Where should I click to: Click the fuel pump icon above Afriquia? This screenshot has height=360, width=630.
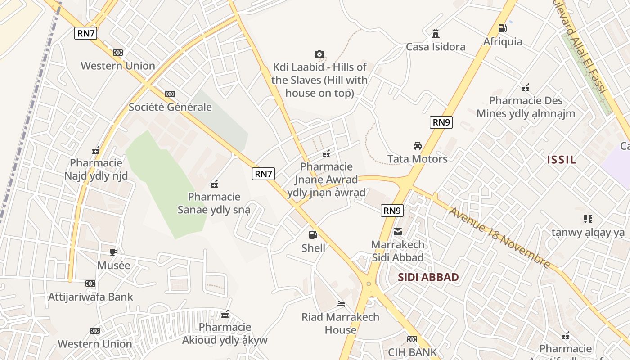(x=503, y=28)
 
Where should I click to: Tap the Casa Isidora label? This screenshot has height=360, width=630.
(x=436, y=47)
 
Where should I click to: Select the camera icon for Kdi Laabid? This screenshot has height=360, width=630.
(x=319, y=54)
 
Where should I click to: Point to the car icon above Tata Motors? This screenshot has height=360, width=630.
(x=418, y=146)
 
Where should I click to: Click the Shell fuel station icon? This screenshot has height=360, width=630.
(x=313, y=234)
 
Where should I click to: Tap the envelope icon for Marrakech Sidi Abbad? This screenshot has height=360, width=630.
(x=398, y=232)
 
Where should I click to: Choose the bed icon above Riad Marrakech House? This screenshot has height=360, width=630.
(x=341, y=304)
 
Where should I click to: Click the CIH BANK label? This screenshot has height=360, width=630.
(x=412, y=352)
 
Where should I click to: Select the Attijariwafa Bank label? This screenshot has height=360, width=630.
(x=91, y=297)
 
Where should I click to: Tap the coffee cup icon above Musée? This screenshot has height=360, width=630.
(x=113, y=252)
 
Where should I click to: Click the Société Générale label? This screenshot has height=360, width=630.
(x=170, y=107)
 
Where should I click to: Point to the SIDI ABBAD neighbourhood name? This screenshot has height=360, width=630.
(x=428, y=277)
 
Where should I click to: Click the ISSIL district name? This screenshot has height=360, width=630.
(x=562, y=160)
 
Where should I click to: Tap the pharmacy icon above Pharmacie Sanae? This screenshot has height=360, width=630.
(x=215, y=184)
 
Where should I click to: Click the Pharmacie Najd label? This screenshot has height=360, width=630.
(x=96, y=169)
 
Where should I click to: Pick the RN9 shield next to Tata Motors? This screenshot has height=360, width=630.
(x=441, y=122)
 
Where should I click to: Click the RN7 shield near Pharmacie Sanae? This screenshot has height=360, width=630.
(x=263, y=174)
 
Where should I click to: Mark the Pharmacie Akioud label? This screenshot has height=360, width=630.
(x=225, y=333)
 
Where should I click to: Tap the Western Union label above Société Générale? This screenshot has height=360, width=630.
(x=118, y=66)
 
